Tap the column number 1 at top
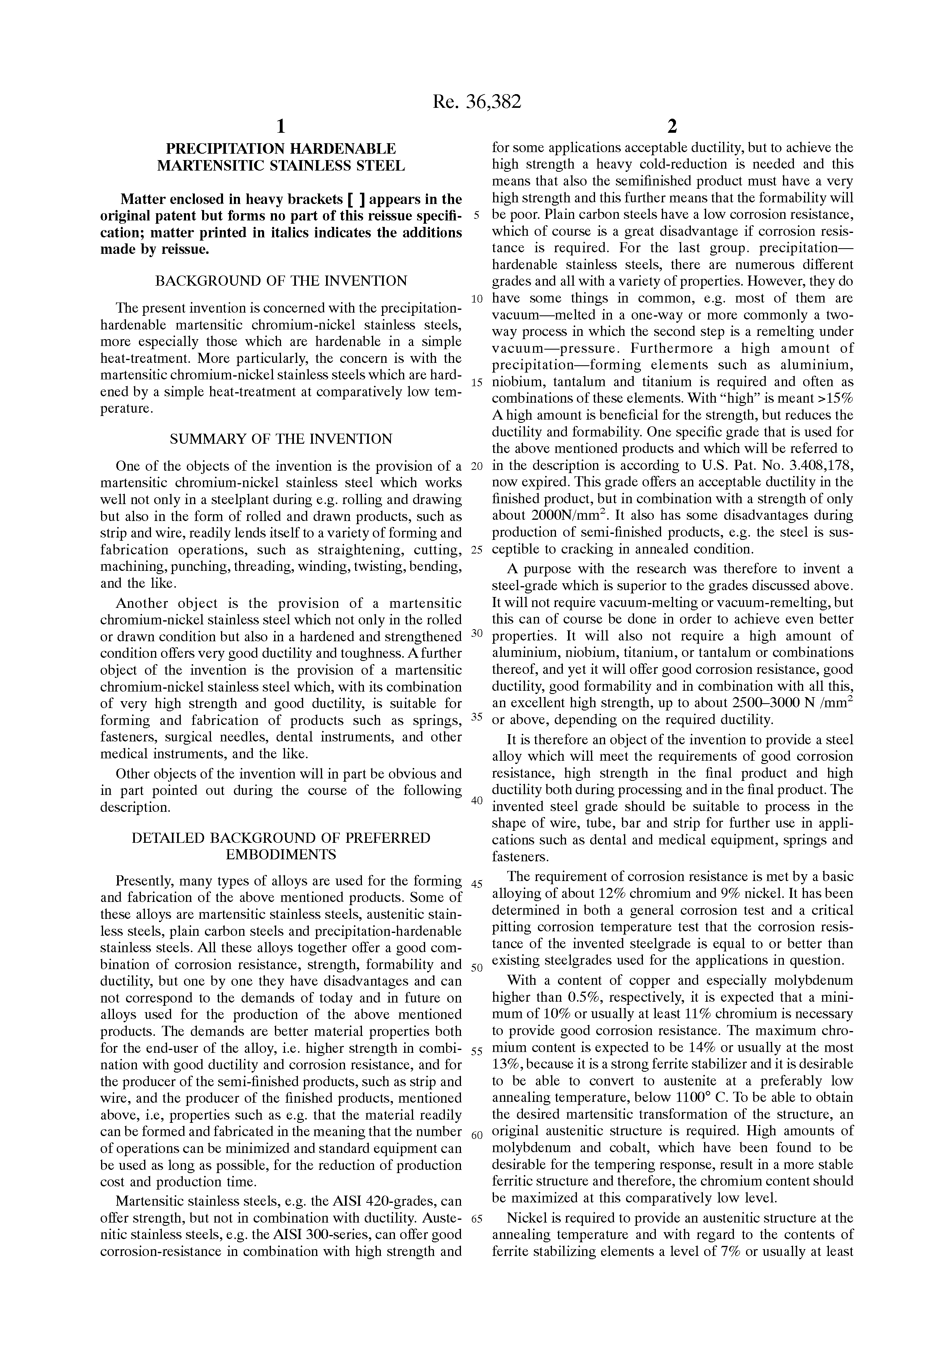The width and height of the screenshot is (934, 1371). click(x=281, y=126)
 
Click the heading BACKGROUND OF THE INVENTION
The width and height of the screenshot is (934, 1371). click(x=281, y=281)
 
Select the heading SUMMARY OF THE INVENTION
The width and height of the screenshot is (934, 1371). click(x=281, y=439)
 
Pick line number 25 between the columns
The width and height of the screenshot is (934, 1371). click(x=477, y=550)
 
